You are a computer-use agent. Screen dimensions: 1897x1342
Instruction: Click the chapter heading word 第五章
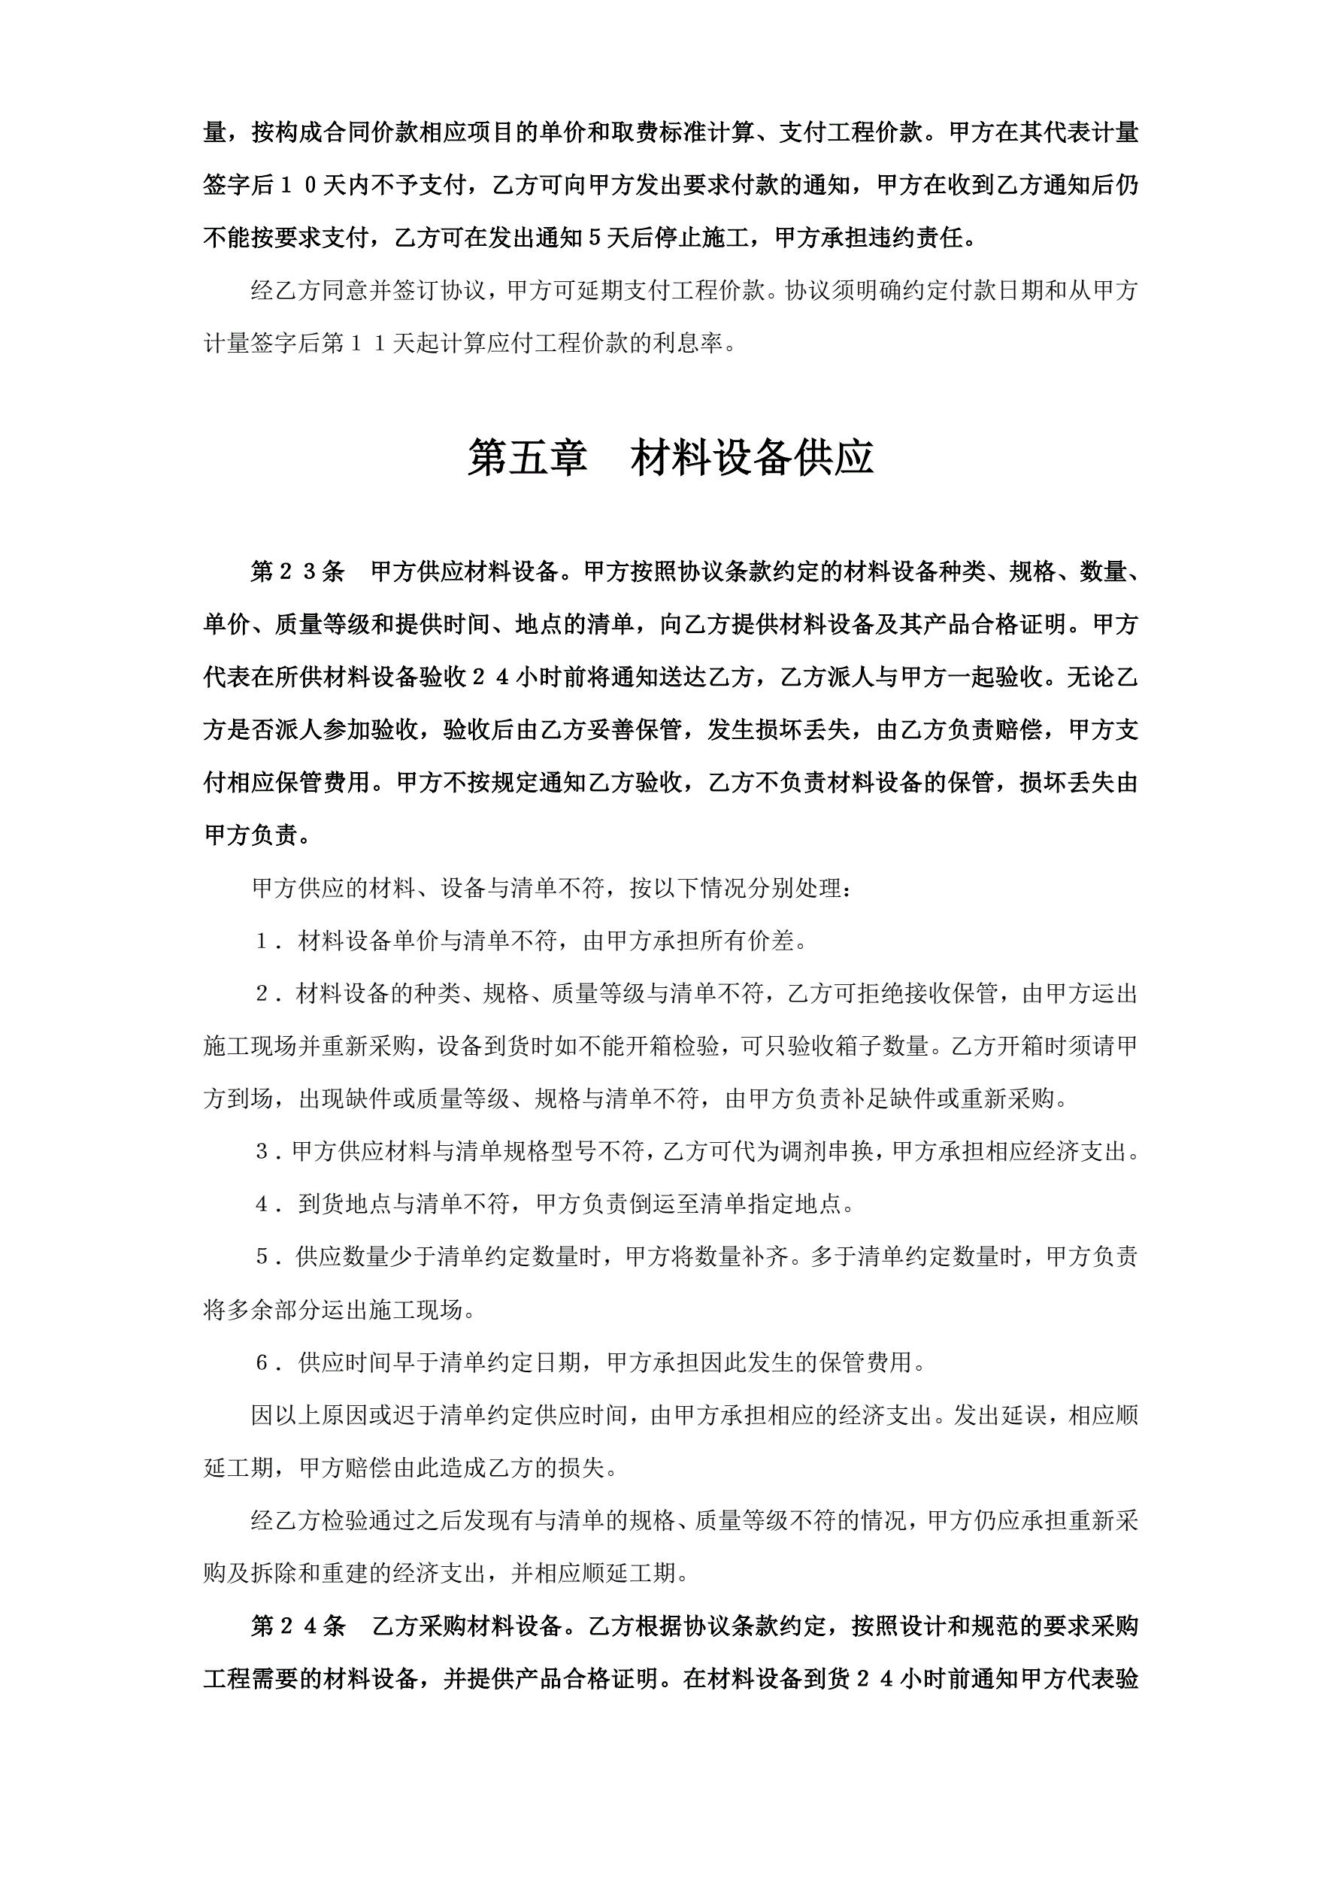click(x=527, y=458)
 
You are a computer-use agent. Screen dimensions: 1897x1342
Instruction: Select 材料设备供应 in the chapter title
click(x=752, y=458)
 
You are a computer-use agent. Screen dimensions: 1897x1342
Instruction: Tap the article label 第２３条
click(x=298, y=571)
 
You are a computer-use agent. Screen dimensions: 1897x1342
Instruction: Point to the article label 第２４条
click(x=298, y=1626)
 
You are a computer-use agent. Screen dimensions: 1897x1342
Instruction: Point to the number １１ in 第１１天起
click(x=368, y=344)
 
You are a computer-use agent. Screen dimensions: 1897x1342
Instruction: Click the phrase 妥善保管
click(x=635, y=729)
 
